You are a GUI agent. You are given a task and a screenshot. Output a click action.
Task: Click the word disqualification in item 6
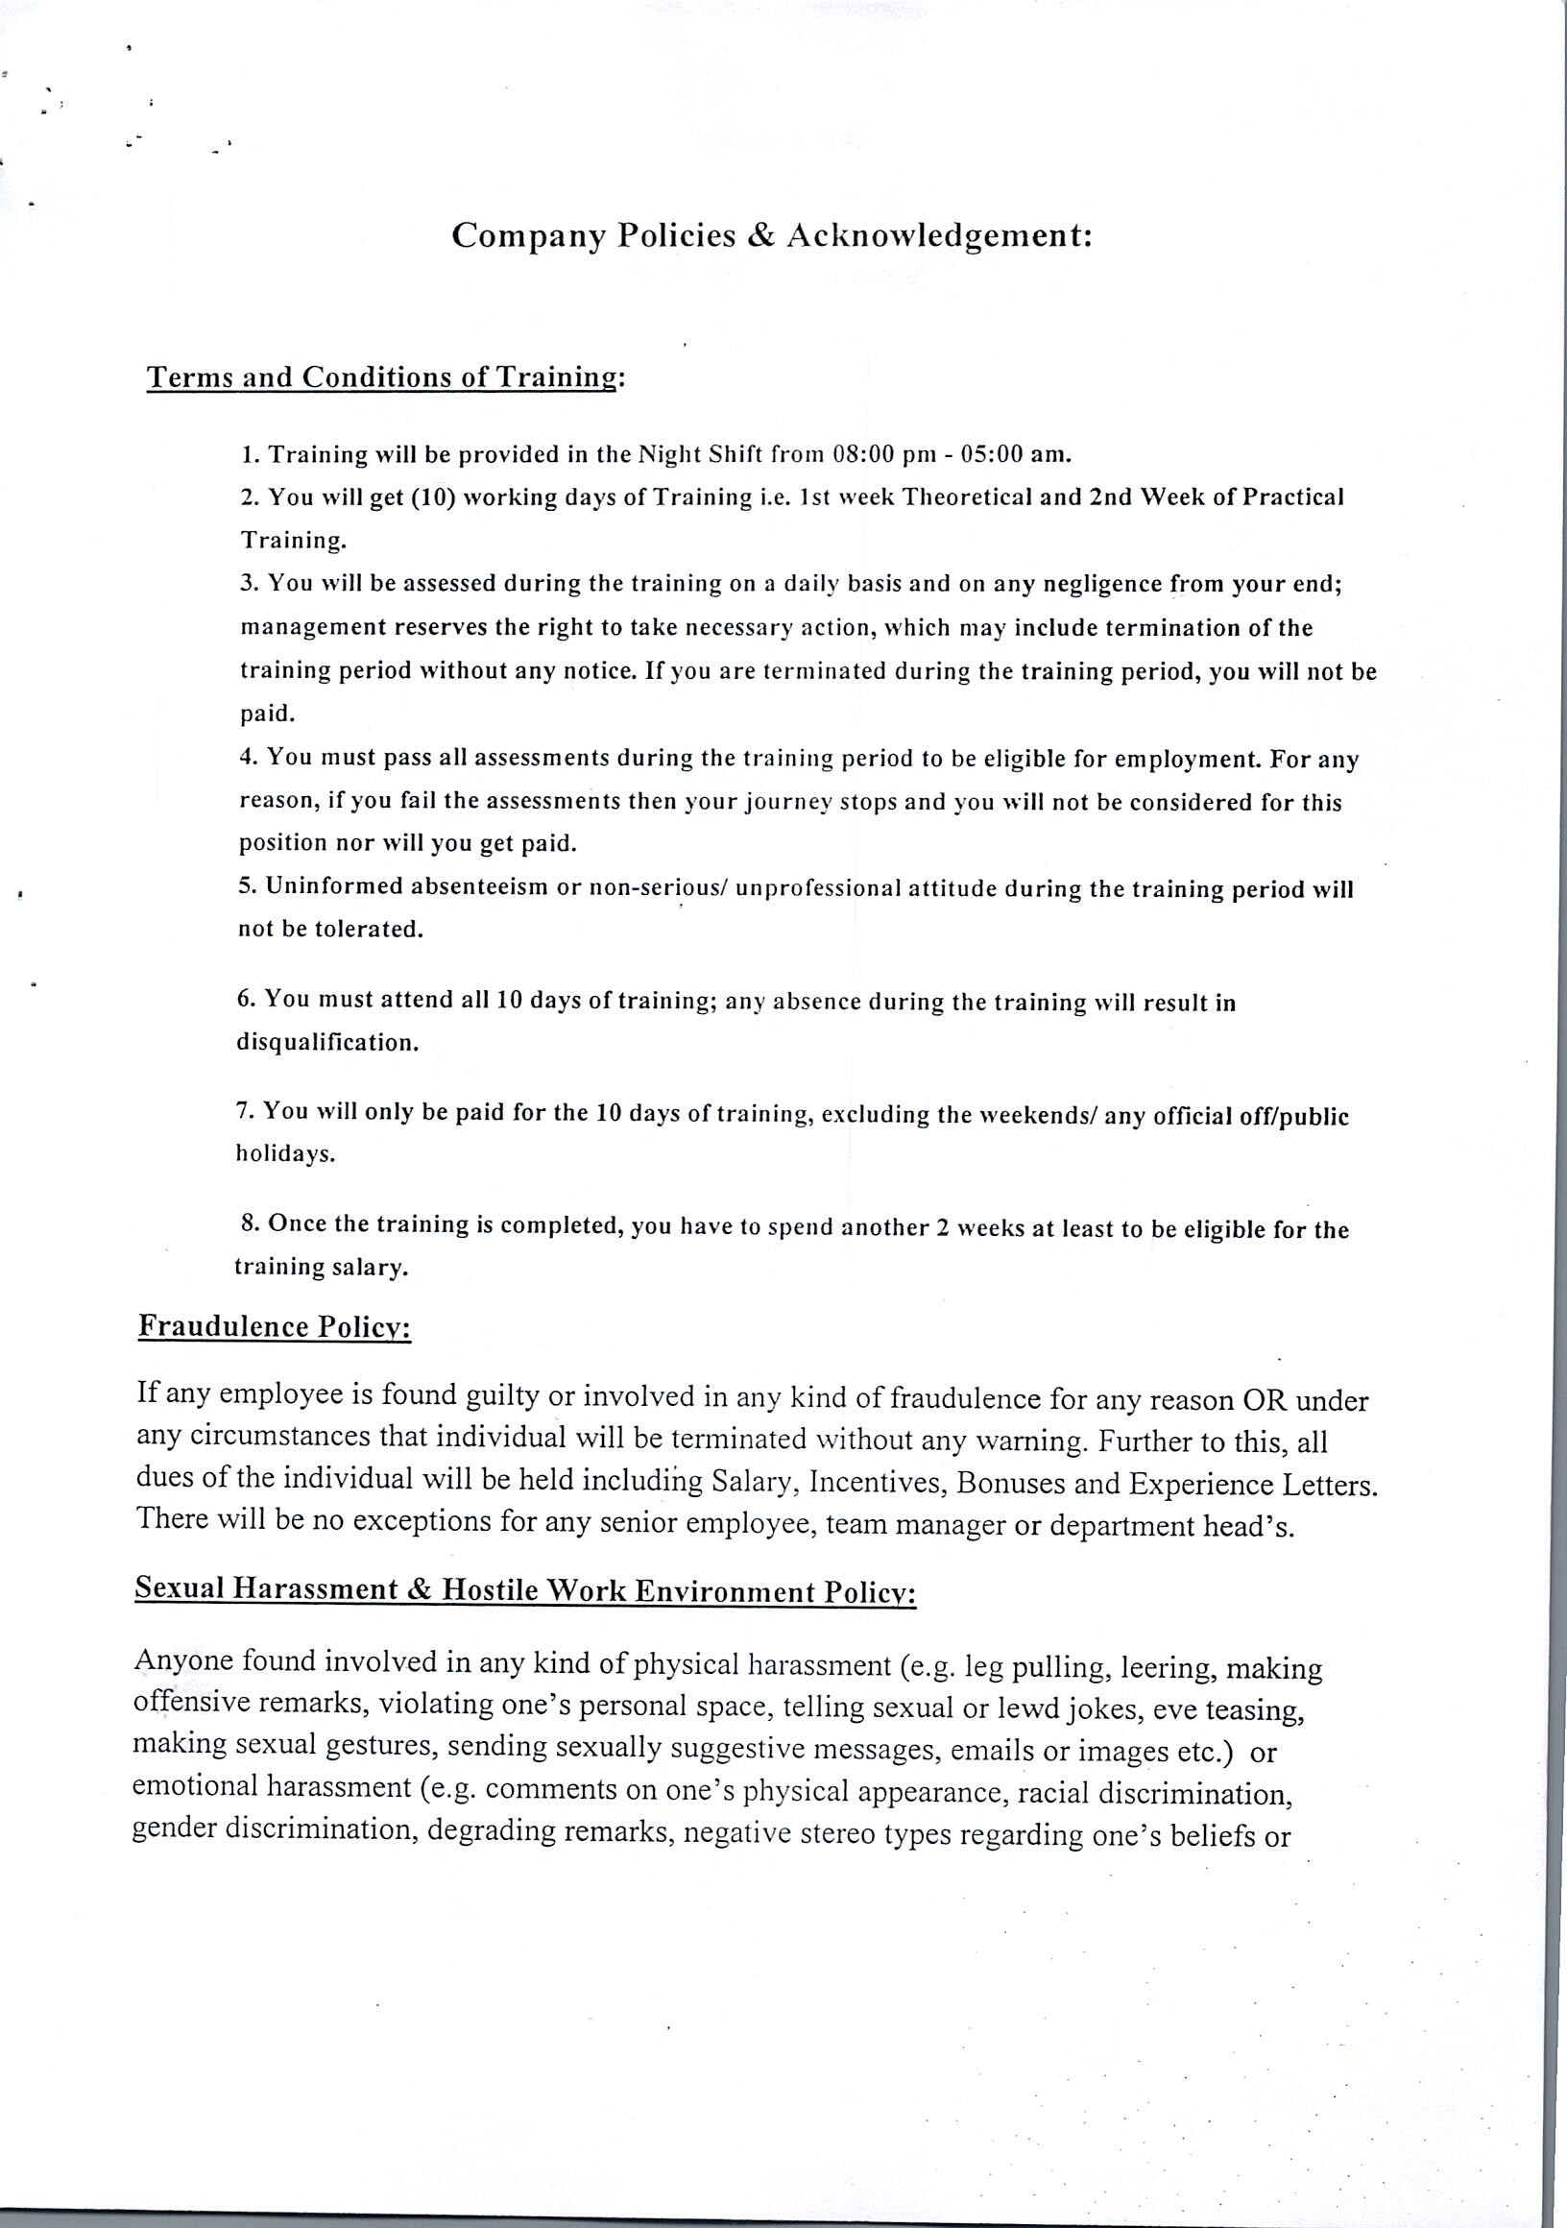click(327, 1043)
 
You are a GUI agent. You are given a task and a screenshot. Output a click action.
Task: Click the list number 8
click(249, 1223)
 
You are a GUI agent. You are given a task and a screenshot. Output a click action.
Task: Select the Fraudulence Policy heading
click(275, 1326)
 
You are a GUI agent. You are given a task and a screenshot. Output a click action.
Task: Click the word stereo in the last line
click(832, 1835)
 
